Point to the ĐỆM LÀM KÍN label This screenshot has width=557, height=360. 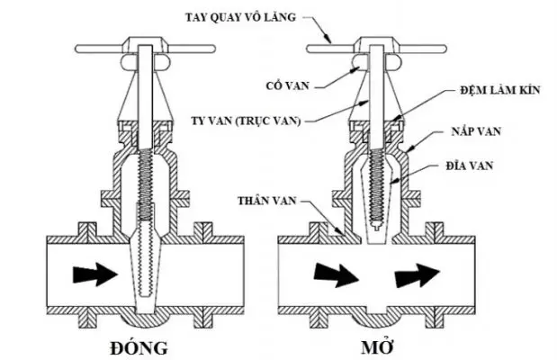point(493,90)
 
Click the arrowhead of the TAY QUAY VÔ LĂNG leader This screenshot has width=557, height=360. point(329,42)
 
